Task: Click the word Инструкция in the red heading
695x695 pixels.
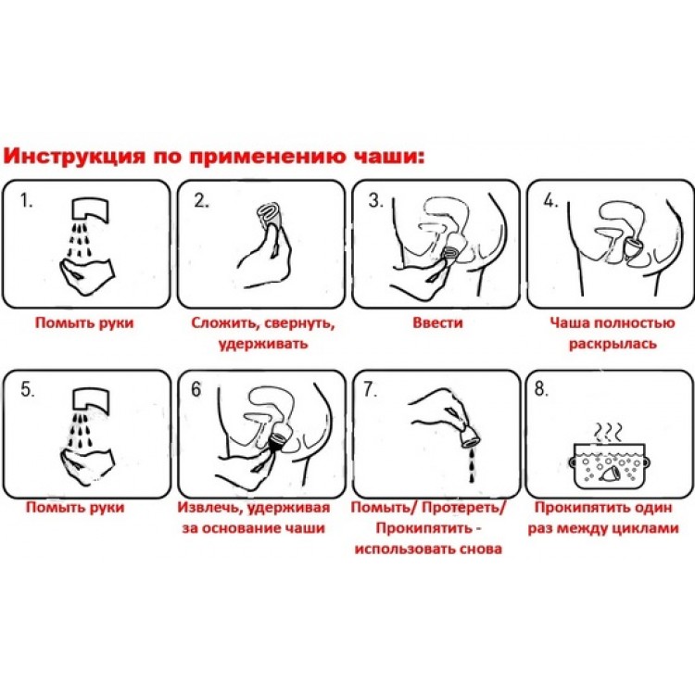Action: point(74,157)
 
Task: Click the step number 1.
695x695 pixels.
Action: point(26,201)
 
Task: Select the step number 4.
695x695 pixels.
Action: point(550,201)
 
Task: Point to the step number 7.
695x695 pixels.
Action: point(370,389)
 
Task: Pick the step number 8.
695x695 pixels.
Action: point(541,388)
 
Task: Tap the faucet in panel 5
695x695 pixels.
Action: point(91,399)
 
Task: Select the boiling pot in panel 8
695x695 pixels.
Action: point(608,465)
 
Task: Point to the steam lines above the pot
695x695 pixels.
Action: point(608,431)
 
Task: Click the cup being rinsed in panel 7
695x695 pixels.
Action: point(469,436)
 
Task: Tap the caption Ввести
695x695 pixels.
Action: point(437,322)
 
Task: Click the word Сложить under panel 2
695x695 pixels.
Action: point(225,322)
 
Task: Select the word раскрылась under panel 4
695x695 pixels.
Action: point(613,344)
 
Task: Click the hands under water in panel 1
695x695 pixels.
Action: point(87,276)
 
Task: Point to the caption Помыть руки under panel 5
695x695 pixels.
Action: point(75,507)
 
